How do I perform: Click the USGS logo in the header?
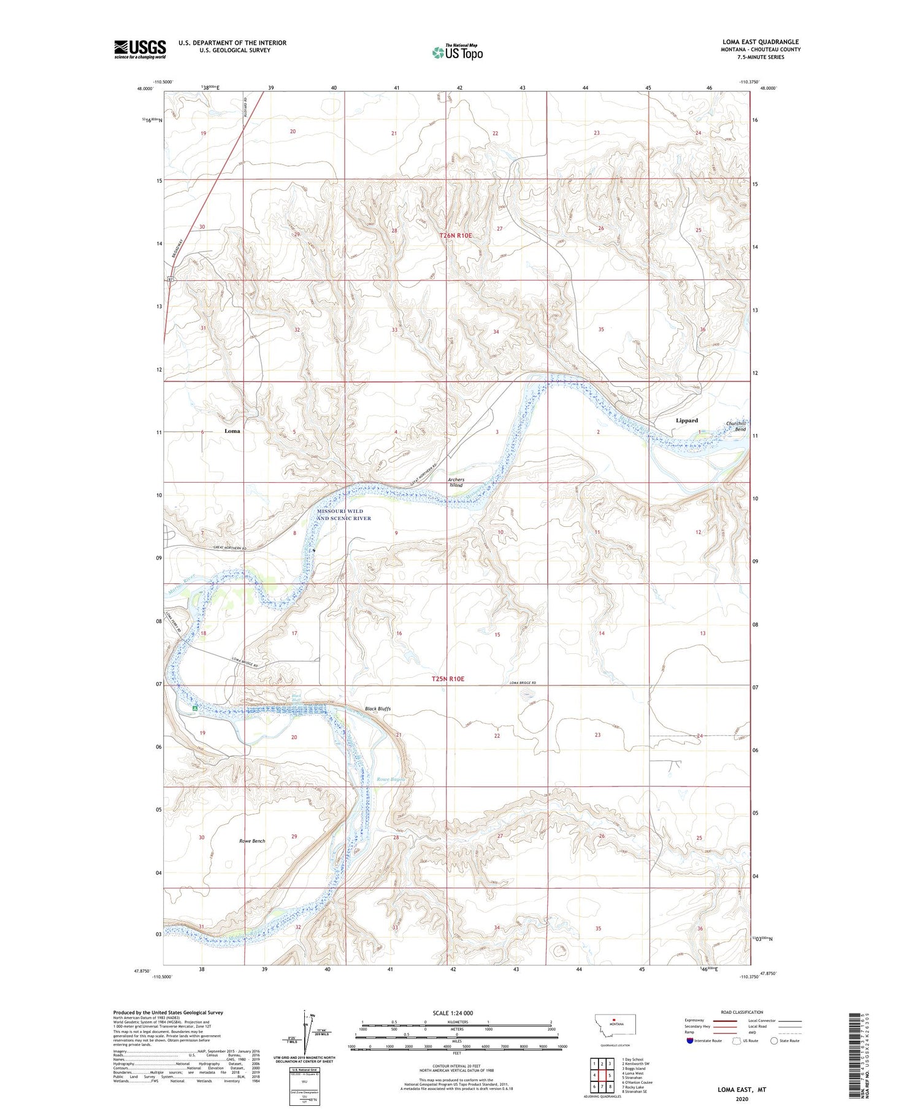(x=140, y=49)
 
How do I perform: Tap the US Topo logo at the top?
(x=457, y=53)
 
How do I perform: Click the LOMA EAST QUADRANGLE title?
(x=760, y=42)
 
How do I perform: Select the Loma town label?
(x=232, y=431)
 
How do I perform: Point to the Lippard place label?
(x=686, y=420)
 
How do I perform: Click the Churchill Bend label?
(x=736, y=426)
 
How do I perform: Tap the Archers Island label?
(x=456, y=482)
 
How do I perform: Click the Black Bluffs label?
(x=378, y=708)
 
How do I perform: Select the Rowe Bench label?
(x=252, y=840)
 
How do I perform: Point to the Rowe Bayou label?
(x=391, y=780)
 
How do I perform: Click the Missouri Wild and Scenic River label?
(x=343, y=515)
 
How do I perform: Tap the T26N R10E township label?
(x=456, y=235)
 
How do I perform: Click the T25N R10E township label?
(x=448, y=679)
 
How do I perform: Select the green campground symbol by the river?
(x=194, y=708)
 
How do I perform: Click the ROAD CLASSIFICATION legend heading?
(x=742, y=1012)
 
